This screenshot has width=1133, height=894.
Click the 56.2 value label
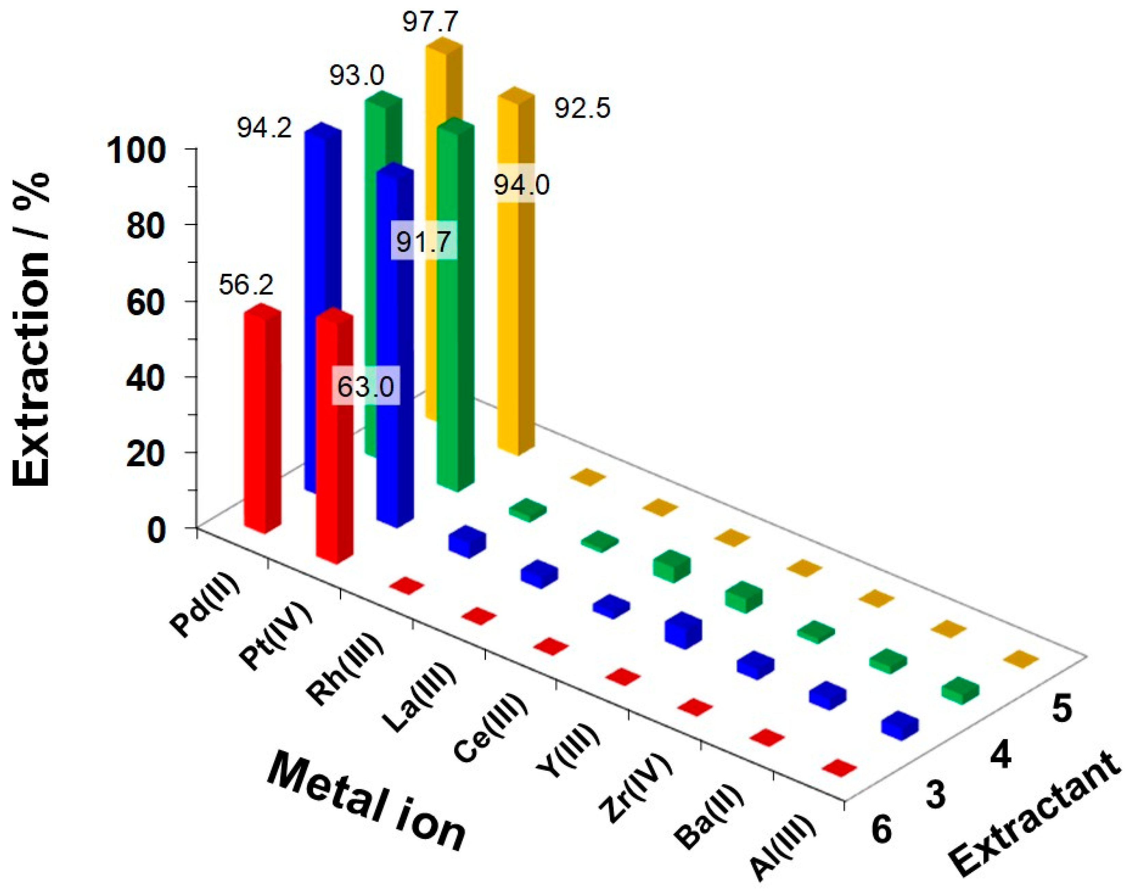tap(246, 286)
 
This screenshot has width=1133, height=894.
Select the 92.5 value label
tap(583, 109)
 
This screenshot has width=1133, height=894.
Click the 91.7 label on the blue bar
tap(424, 242)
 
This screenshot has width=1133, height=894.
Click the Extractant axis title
tap(1036, 817)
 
